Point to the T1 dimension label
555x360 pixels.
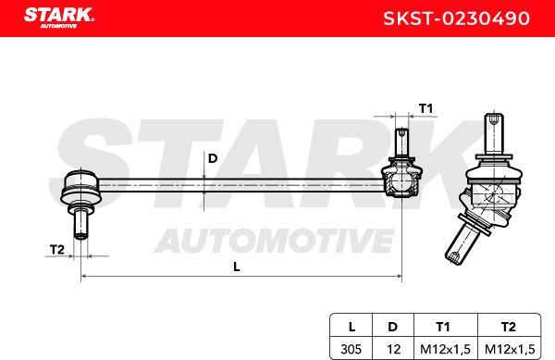[x=425, y=108]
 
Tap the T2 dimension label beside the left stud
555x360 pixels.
[x=56, y=249]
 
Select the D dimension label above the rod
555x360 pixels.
[x=212, y=158]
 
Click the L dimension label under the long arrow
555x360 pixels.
[x=238, y=267]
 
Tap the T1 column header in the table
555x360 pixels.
[x=443, y=326]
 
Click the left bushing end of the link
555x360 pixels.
[x=79, y=188]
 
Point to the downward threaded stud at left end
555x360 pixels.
[x=81, y=223]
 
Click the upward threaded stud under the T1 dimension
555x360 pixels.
[x=401, y=142]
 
